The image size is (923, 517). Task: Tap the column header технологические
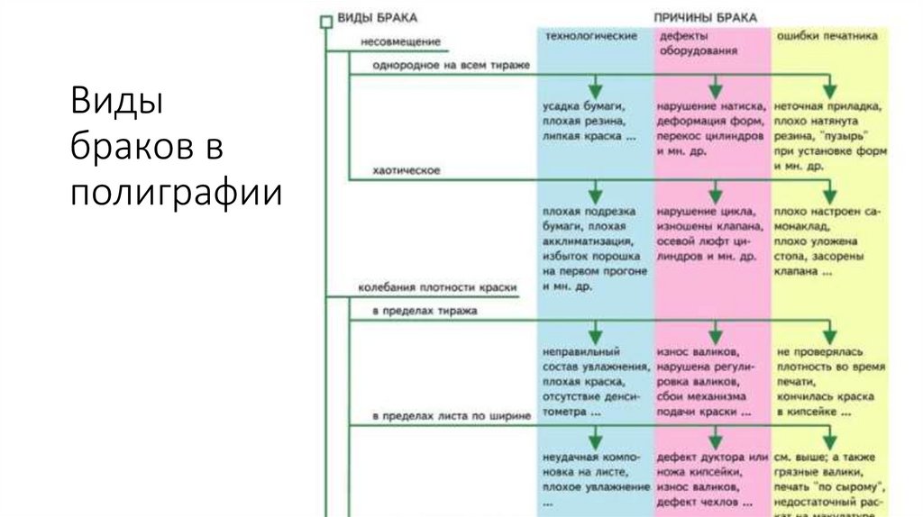pyautogui.click(x=590, y=35)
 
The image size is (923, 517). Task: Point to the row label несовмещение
pyautogui.click(x=399, y=42)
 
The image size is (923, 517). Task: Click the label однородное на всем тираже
pyautogui.click(x=451, y=66)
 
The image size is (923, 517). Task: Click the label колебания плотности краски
pyautogui.click(x=437, y=288)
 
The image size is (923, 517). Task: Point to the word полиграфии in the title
pyautogui.click(x=177, y=192)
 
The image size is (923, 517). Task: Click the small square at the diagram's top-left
pyautogui.click(x=326, y=23)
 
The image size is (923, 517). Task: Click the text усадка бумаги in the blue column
pyautogui.click(x=579, y=106)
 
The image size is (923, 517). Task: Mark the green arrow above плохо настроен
pyautogui.click(x=830, y=191)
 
